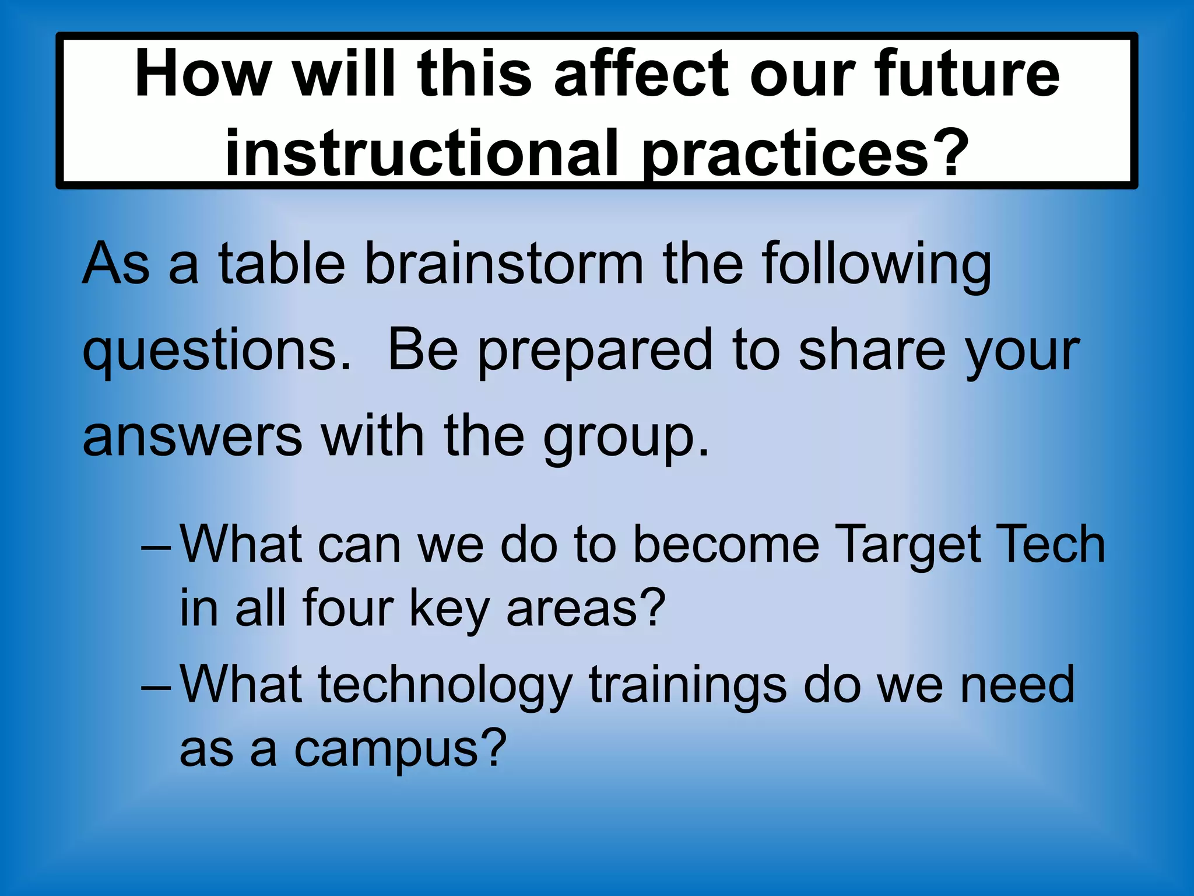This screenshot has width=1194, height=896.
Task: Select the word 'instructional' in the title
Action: point(421,153)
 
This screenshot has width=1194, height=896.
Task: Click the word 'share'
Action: point(872,350)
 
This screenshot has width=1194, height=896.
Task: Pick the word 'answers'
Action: point(192,436)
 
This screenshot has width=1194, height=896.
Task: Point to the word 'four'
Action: point(348,608)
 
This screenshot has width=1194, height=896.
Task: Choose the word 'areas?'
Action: point(586,608)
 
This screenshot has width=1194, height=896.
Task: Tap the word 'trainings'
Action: point(688,685)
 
